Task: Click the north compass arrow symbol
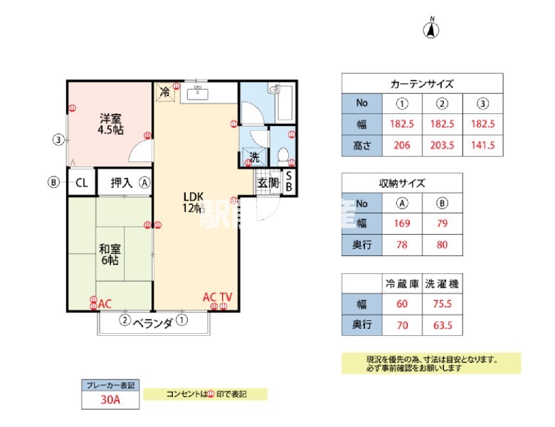[x=432, y=29]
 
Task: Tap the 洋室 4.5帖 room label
[x=110, y=124]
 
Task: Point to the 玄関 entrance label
[x=268, y=182]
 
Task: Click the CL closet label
[x=82, y=182]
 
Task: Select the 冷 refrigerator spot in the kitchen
[x=165, y=92]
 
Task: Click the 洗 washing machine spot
[x=253, y=157]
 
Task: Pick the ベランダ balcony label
[x=153, y=323]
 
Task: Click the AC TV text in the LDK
[x=218, y=297]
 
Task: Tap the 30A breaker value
[x=110, y=400]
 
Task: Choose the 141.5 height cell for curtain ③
[x=482, y=146]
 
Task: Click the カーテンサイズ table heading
[x=422, y=84]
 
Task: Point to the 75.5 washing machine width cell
[x=441, y=305]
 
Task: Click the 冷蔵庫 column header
[x=402, y=283]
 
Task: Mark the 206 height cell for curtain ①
[x=402, y=146]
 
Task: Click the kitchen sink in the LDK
[x=197, y=93]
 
